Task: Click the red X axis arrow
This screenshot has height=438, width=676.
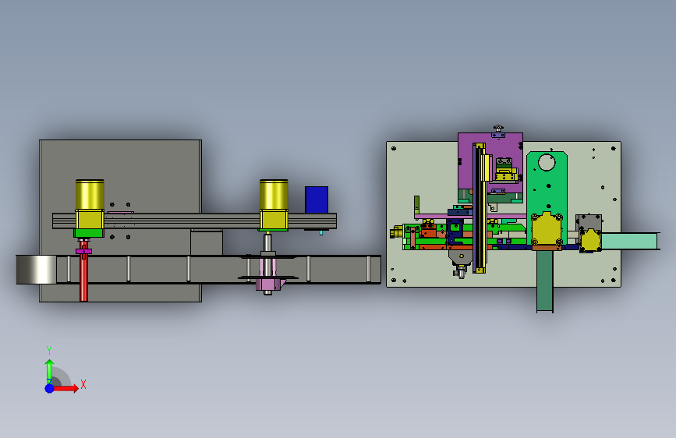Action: point(65,388)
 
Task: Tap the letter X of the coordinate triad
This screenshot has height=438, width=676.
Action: point(83,384)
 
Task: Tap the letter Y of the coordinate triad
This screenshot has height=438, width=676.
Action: point(49,350)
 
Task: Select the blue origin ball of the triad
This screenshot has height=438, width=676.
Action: point(50,388)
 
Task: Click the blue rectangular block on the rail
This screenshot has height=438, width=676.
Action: point(317,200)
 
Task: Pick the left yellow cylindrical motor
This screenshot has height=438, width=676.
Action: point(90,204)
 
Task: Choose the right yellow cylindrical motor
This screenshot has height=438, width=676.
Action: point(274,204)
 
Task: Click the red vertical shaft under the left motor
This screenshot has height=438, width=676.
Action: point(83,270)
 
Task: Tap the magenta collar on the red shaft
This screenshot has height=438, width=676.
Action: point(83,251)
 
